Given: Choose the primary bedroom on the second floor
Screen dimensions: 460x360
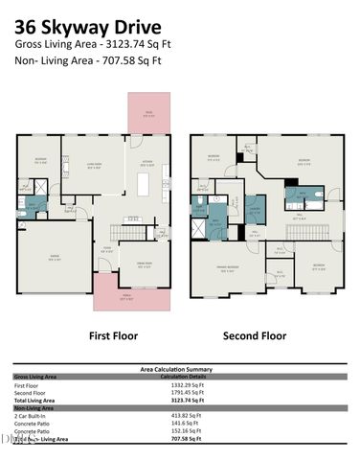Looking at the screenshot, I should (227, 269).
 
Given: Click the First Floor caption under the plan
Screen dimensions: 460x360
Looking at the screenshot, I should (113, 336).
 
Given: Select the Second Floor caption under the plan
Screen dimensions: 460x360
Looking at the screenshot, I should (255, 336).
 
